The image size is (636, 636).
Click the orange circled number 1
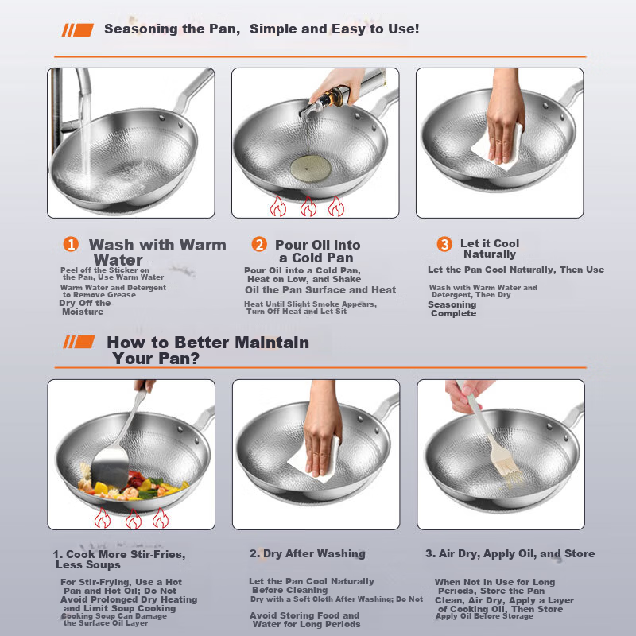tap(71, 244)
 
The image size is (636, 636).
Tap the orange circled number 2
tap(259, 244)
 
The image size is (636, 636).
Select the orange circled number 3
tap(444, 244)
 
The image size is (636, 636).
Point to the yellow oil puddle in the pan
tap(310, 169)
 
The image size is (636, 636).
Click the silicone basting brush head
tap(506, 463)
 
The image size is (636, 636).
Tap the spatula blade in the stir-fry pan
tap(110, 468)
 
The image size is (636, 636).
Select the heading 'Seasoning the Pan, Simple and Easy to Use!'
tap(262, 29)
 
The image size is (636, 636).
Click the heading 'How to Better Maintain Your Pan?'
tap(207, 350)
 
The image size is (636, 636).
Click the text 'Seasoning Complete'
tap(452, 308)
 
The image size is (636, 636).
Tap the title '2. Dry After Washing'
tap(308, 553)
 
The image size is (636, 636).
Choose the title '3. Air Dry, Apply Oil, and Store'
tap(510, 553)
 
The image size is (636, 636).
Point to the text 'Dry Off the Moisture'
tap(85, 307)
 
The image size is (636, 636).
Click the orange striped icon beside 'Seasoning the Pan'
tap(77, 30)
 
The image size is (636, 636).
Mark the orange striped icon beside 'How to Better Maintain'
tap(79, 342)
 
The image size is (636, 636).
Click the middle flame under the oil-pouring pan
tap(308, 206)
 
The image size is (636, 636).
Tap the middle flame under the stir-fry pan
tap(134, 518)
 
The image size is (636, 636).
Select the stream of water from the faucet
tap(85, 138)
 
